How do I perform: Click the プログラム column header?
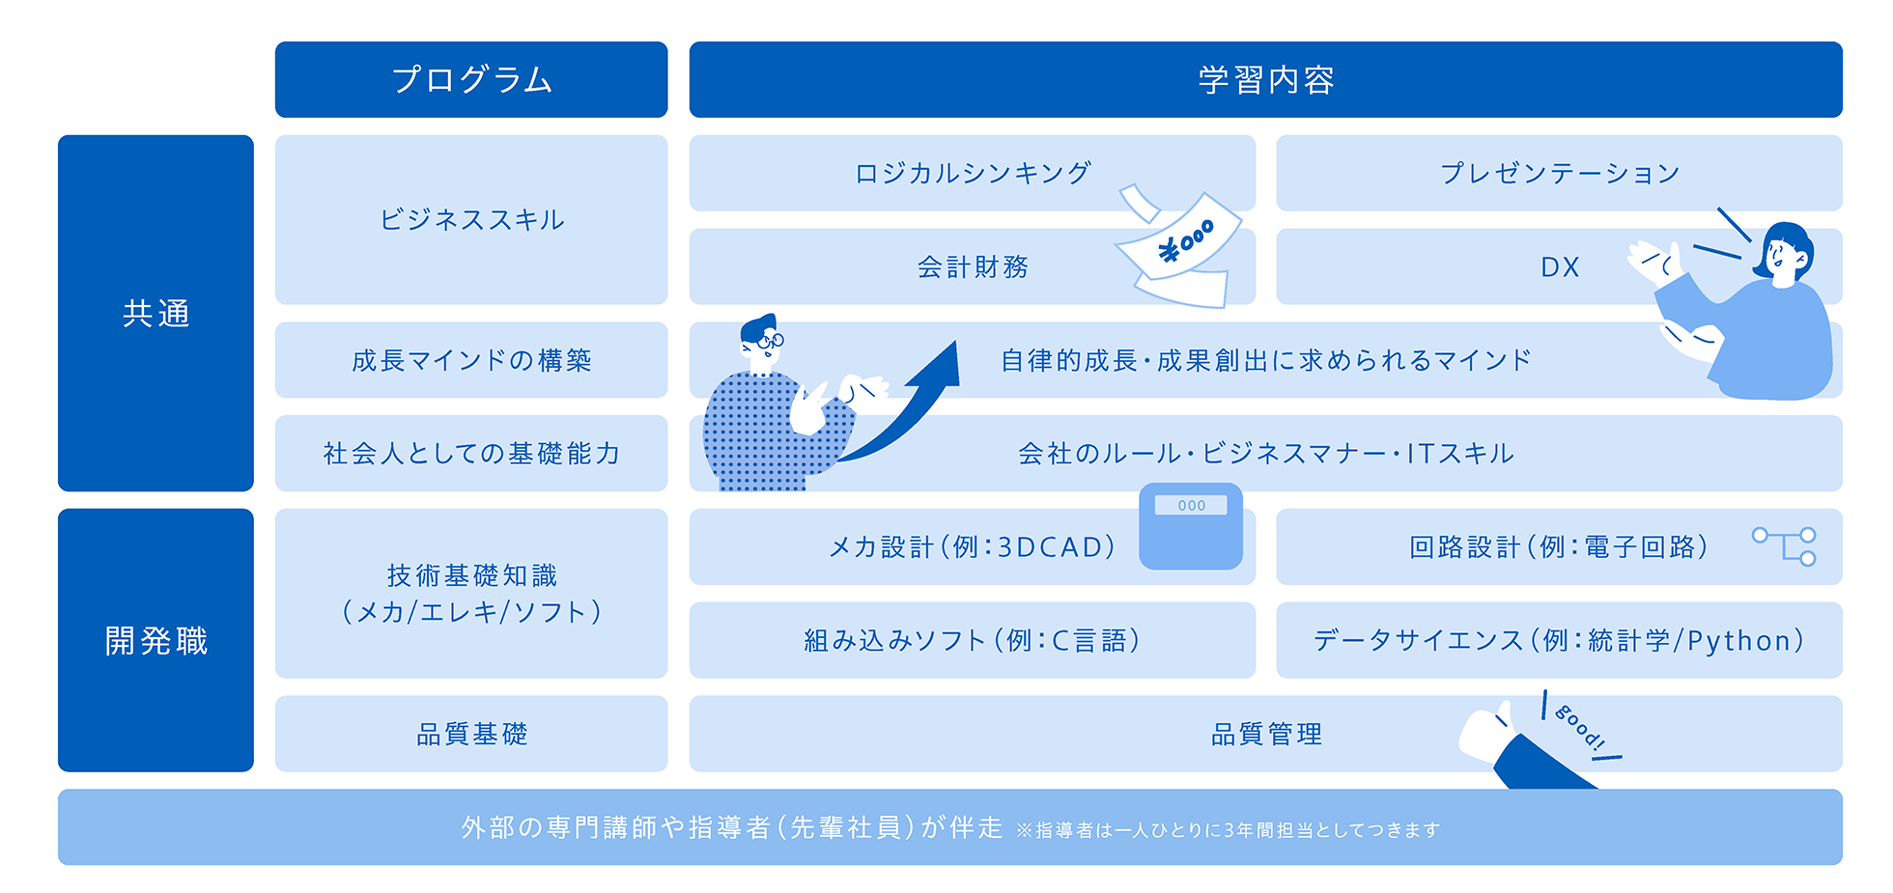[x=471, y=79]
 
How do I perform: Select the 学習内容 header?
[x=1265, y=79]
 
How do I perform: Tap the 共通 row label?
[x=155, y=313]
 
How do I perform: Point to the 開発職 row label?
[x=155, y=640]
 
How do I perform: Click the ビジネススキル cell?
[x=471, y=219]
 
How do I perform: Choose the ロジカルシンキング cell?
[x=973, y=173]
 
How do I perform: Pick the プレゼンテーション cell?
[x=1559, y=173]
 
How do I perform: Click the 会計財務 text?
[x=973, y=266]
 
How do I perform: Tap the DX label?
[x=1560, y=266]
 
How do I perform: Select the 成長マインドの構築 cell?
[x=471, y=360]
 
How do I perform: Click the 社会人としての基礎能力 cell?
[x=471, y=454]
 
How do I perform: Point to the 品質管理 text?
[x=1266, y=734]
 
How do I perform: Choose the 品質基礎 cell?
[x=471, y=734]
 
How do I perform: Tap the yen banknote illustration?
[x=1178, y=248]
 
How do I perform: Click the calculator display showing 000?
[x=1191, y=505]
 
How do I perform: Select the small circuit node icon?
[x=1785, y=545]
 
